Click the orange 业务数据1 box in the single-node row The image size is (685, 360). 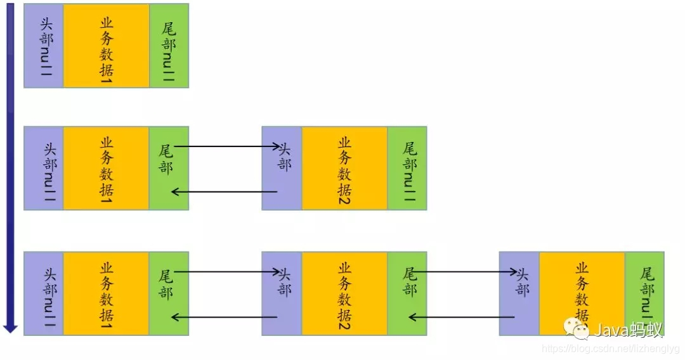[x=106, y=46]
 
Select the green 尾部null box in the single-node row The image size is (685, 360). [x=169, y=46]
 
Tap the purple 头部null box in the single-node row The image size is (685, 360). [x=43, y=46]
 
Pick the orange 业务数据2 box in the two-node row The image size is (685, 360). [x=344, y=168]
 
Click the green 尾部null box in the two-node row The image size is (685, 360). [x=407, y=168]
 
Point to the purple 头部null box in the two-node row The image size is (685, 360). [x=43, y=168]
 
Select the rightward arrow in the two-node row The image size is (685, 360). [x=226, y=147]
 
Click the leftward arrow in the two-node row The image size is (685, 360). [x=225, y=191]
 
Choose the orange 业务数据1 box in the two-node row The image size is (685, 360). [x=106, y=168]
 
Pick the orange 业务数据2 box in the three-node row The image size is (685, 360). [x=344, y=293]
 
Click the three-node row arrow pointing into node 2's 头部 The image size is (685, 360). [x=226, y=272]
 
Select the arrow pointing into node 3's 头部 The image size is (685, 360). [x=464, y=272]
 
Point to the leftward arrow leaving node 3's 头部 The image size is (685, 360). [x=462, y=317]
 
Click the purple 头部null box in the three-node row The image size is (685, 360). [x=43, y=293]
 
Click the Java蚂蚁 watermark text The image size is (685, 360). [x=627, y=330]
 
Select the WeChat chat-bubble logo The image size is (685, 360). [x=577, y=328]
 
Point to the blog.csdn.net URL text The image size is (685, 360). [x=610, y=349]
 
